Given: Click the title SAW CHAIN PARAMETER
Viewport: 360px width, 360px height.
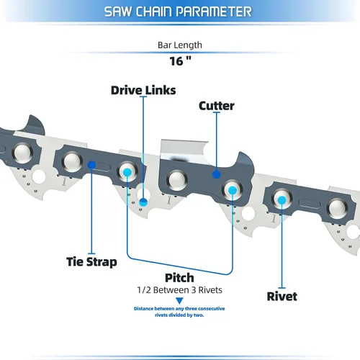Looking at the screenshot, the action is [178, 12].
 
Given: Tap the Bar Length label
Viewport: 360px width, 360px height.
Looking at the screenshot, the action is [180, 45].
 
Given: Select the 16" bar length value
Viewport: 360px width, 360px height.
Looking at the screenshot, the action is [180, 61].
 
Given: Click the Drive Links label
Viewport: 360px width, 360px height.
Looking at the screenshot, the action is [143, 90].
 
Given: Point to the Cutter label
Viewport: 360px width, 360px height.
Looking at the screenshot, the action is [217, 106].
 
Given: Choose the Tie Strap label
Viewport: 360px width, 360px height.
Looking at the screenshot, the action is [91, 261].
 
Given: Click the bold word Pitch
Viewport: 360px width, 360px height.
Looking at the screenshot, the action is [179, 278].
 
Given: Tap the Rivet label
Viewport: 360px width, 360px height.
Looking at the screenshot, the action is [282, 296].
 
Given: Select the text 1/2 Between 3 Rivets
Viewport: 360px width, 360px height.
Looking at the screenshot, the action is [179, 290].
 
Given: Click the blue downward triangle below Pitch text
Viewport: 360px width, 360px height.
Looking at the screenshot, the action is [179, 300].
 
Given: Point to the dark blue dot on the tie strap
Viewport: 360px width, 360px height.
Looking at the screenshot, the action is [91, 165].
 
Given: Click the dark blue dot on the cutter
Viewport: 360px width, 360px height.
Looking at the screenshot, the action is [217, 174].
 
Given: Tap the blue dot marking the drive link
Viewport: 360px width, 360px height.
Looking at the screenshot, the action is [143, 202].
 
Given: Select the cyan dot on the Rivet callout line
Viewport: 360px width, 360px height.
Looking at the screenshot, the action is [282, 200].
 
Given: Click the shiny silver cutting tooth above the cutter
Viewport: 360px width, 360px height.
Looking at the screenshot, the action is [184, 150].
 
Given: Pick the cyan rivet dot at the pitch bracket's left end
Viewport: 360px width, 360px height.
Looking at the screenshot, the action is [127, 172].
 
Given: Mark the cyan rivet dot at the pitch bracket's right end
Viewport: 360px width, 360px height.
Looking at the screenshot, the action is [233, 191].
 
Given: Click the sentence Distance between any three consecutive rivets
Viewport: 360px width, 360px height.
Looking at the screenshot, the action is [179, 312].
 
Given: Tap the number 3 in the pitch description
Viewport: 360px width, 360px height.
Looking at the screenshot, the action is [194, 290].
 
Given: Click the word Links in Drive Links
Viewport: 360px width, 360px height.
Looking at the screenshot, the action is [160, 90].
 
